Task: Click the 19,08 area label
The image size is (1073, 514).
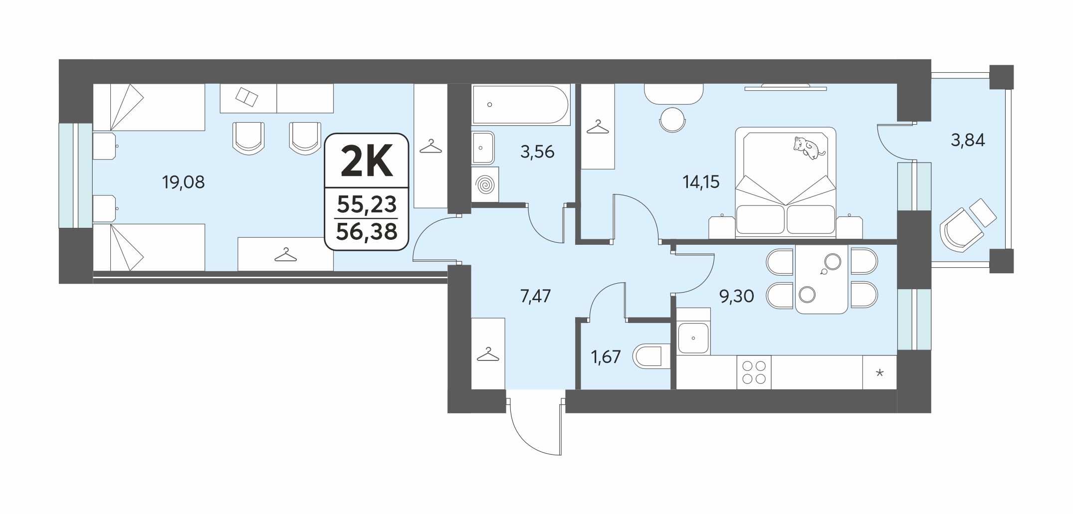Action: tap(183, 182)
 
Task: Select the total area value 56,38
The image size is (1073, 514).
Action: tap(367, 231)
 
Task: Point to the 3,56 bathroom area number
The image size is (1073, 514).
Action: tap(537, 152)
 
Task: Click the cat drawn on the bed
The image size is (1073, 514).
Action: tap(809, 147)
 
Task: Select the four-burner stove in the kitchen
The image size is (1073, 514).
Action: tap(754, 372)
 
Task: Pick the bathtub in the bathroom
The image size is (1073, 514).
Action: tap(519, 105)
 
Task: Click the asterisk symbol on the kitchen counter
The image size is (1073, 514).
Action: tap(879, 372)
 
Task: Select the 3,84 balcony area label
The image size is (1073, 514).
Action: tap(968, 141)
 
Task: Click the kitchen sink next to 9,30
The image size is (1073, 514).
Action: tap(694, 338)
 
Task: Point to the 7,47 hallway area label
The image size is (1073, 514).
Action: tap(535, 297)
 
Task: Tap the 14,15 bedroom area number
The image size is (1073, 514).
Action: tap(701, 182)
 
